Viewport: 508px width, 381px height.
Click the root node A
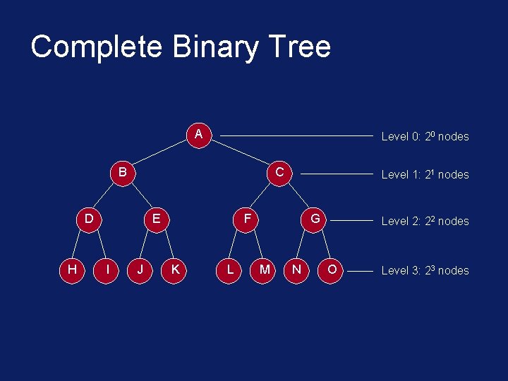(199, 134)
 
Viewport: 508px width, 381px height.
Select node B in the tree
(123, 172)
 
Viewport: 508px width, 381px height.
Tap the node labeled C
(279, 172)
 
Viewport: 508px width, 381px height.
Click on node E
(157, 219)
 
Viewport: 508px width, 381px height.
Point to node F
(247, 219)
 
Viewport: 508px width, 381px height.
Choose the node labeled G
(315, 219)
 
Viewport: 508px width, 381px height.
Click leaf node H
(72, 270)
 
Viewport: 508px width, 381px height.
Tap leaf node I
(106, 270)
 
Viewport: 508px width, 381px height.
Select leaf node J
(140, 270)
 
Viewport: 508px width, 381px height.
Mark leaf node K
(174, 270)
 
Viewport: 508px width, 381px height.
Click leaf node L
(230, 270)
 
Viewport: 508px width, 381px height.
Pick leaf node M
(264, 270)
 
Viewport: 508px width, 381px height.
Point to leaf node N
(297, 270)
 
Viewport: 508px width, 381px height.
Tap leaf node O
(332, 270)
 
